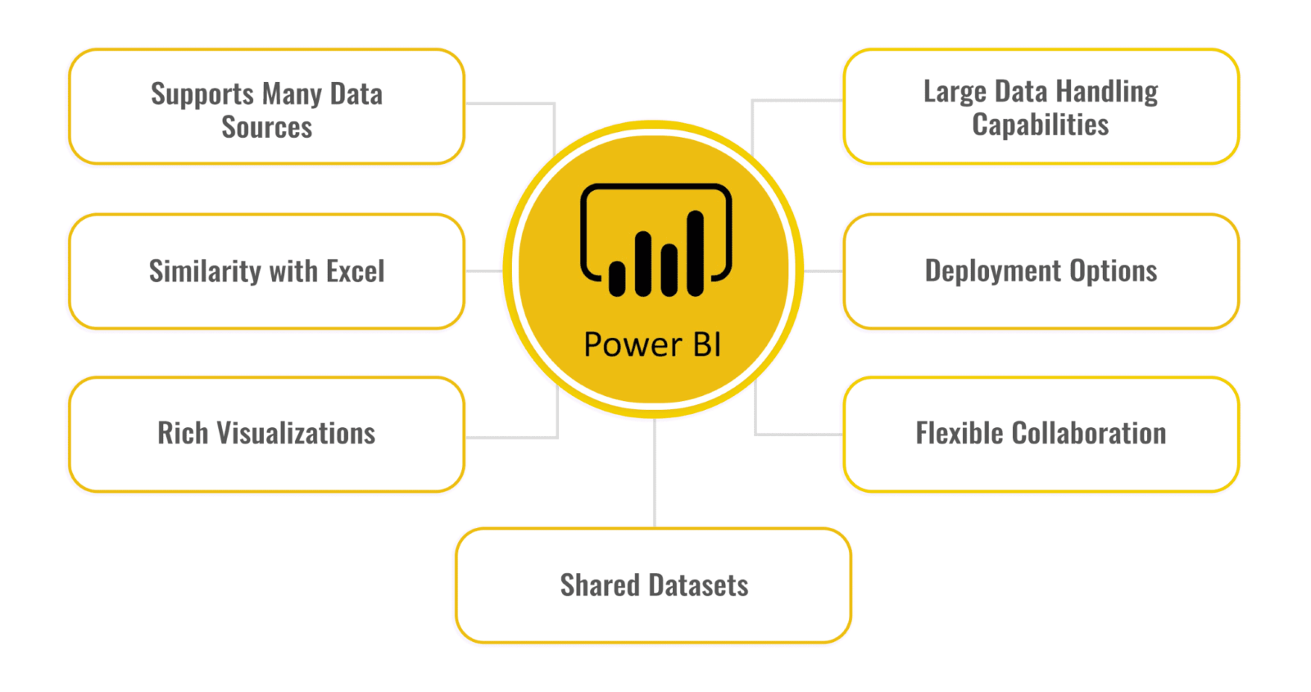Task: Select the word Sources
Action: click(266, 128)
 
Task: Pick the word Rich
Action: click(183, 434)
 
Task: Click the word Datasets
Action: click(698, 585)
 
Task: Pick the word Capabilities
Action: click(1040, 125)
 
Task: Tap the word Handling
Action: click(1106, 92)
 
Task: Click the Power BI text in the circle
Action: click(652, 345)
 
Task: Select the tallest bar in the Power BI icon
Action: click(696, 253)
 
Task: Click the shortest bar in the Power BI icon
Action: click(617, 278)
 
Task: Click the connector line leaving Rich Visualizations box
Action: click(512, 437)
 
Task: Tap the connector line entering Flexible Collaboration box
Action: click(799, 434)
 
